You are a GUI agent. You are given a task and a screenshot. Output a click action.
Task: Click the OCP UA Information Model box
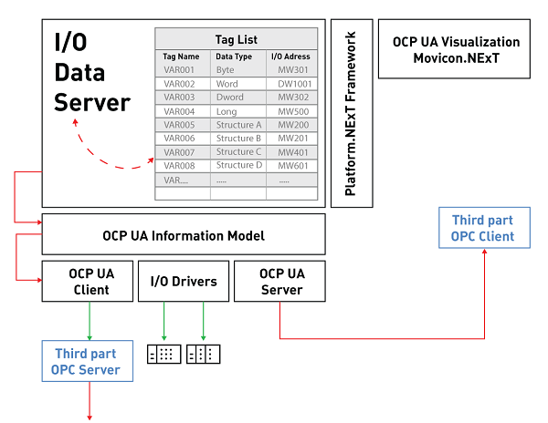coord(184,235)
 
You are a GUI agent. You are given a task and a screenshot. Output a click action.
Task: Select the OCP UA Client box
coord(90,281)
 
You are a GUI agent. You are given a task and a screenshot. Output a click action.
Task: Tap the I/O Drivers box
coord(183,281)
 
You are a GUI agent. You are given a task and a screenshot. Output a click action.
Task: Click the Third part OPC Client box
coord(482,228)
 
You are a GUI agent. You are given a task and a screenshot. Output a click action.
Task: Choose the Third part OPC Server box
coord(87,361)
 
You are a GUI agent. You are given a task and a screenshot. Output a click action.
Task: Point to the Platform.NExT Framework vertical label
coord(351,113)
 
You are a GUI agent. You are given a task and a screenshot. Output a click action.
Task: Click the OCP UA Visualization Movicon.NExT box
coord(456,49)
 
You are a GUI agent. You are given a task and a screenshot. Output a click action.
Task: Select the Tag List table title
coord(236,39)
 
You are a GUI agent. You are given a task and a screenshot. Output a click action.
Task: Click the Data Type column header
coord(233,57)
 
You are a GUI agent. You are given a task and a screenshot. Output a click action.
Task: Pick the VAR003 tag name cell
coord(180,97)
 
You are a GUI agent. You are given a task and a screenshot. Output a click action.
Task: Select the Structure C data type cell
coord(238,151)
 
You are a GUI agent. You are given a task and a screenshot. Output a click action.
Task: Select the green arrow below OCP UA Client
coord(90,321)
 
